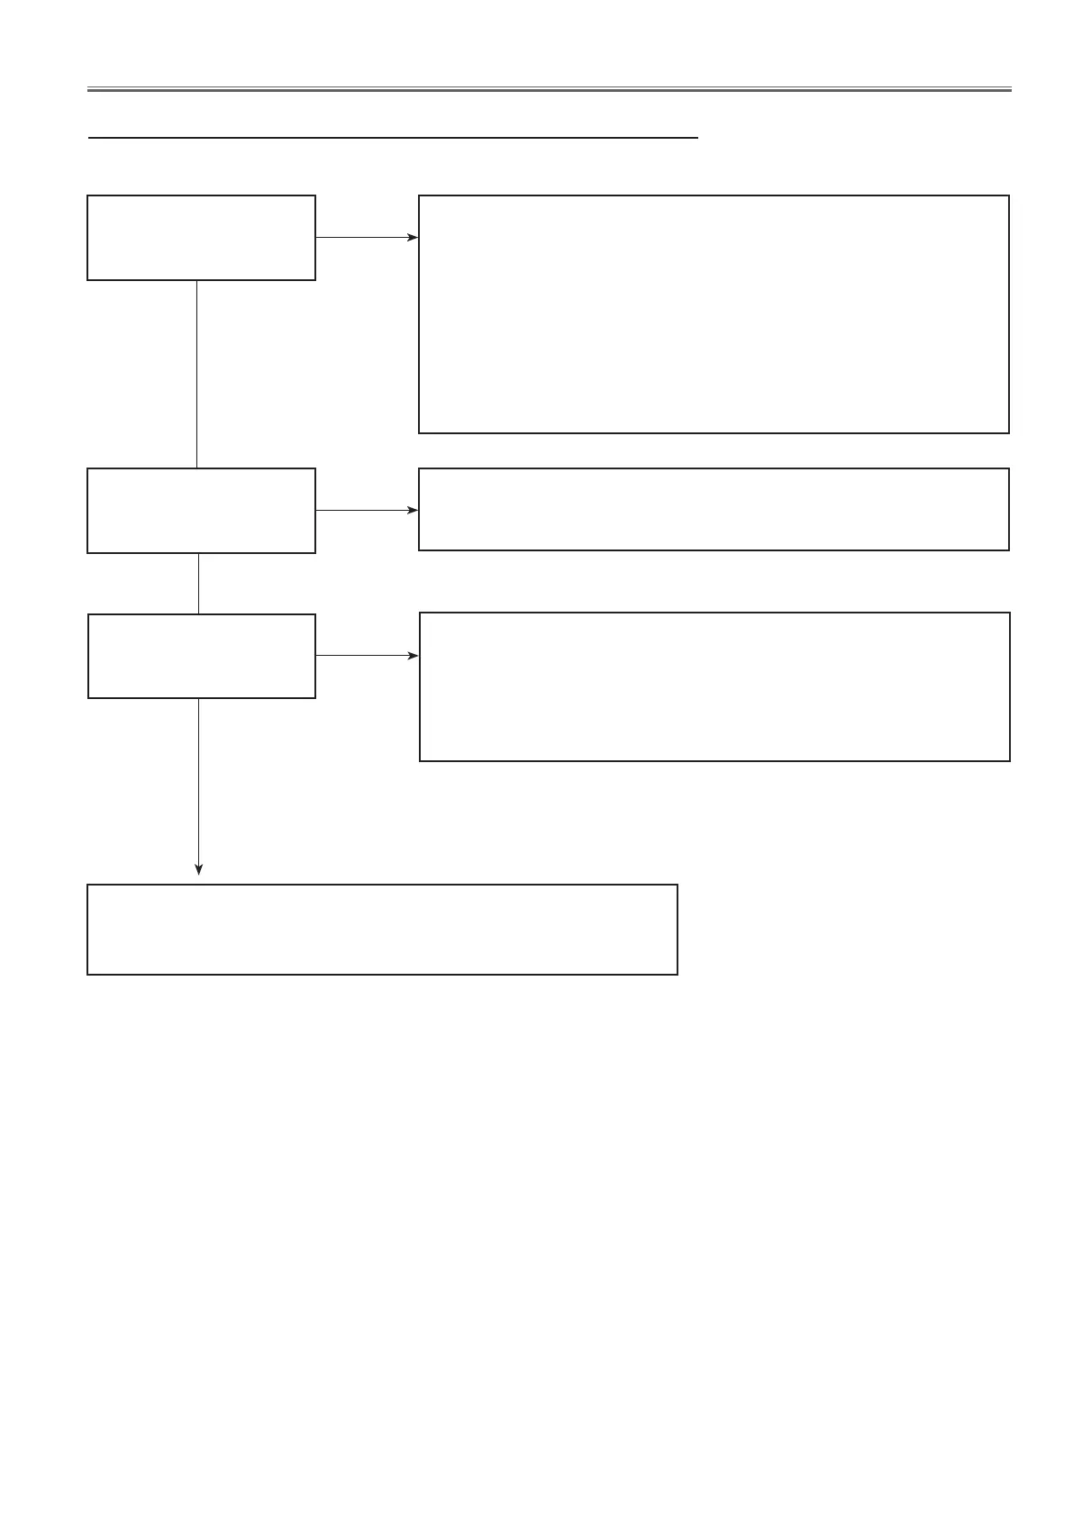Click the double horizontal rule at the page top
coord(550,89)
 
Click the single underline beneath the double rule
coord(393,138)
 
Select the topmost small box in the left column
coord(201,238)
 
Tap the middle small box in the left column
coord(201,510)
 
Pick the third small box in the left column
coord(201,656)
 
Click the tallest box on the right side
coord(714,314)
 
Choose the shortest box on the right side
coord(714,509)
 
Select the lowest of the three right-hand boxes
coord(714,686)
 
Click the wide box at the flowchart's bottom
coord(382,930)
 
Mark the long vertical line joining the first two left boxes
coord(196,374)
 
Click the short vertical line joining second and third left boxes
coord(198,583)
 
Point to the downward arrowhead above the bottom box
coord(199,869)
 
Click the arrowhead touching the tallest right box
coord(414,238)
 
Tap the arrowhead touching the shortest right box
coord(414,510)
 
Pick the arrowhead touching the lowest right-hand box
coord(414,656)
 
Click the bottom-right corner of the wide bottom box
coord(677,974)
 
